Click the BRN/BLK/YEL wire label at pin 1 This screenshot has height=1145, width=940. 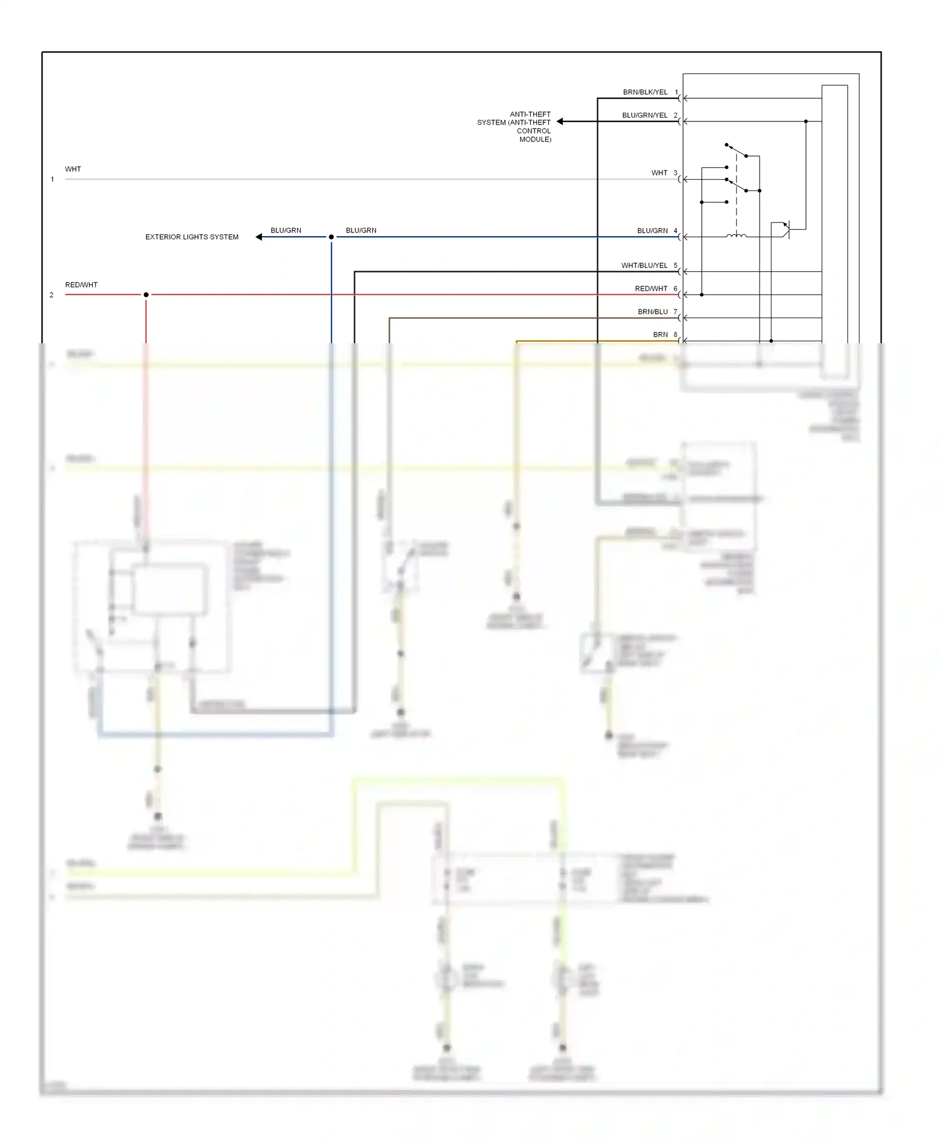click(x=645, y=92)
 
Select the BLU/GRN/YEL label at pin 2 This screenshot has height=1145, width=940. click(x=644, y=115)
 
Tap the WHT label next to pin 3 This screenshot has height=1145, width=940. click(x=659, y=173)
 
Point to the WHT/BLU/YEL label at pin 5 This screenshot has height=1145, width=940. click(x=644, y=266)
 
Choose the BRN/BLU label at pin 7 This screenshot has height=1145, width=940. click(x=652, y=312)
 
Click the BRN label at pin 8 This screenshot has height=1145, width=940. click(x=661, y=335)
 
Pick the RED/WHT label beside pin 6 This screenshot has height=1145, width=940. click(x=651, y=289)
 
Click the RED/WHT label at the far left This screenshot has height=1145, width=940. click(x=81, y=285)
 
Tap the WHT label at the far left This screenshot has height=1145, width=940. click(x=73, y=169)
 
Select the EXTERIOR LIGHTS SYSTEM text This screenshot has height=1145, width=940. click(x=192, y=237)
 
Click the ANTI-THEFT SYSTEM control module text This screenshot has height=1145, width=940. click(x=514, y=127)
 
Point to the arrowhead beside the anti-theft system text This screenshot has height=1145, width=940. click(x=560, y=122)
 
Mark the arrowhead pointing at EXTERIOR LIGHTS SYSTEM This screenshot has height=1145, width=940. click(x=259, y=237)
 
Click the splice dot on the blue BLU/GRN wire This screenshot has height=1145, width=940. click(x=332, y=237)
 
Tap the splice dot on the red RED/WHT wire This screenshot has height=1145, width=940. click(x=146, y=294)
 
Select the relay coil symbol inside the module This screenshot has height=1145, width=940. click(x=736, y=236)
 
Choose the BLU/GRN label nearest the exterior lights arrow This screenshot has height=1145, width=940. click(x=286, y=231)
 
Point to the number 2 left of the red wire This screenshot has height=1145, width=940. click(x=51, y=295)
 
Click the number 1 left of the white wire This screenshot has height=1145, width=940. click(x=52, y=179)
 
